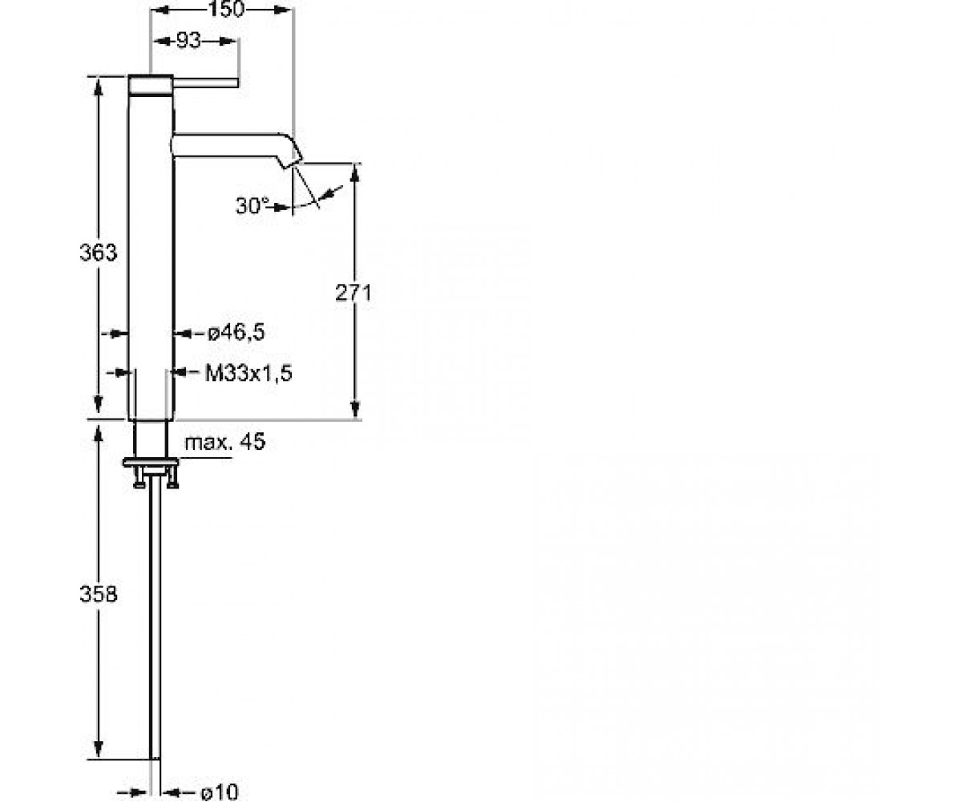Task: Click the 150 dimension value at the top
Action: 226,9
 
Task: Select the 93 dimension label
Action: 189,42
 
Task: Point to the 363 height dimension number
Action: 98,253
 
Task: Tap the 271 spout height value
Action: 353,293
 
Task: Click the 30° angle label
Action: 253,205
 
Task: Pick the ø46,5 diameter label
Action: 236,332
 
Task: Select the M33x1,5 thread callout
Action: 249,373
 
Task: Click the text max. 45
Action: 224,443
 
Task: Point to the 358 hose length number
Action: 98,594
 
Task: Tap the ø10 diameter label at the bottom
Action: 220,792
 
